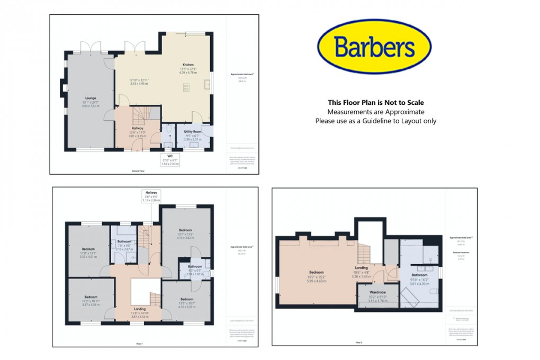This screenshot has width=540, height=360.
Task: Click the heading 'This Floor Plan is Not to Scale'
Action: coord(376,103)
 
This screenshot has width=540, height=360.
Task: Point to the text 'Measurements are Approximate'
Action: coord(376,112)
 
